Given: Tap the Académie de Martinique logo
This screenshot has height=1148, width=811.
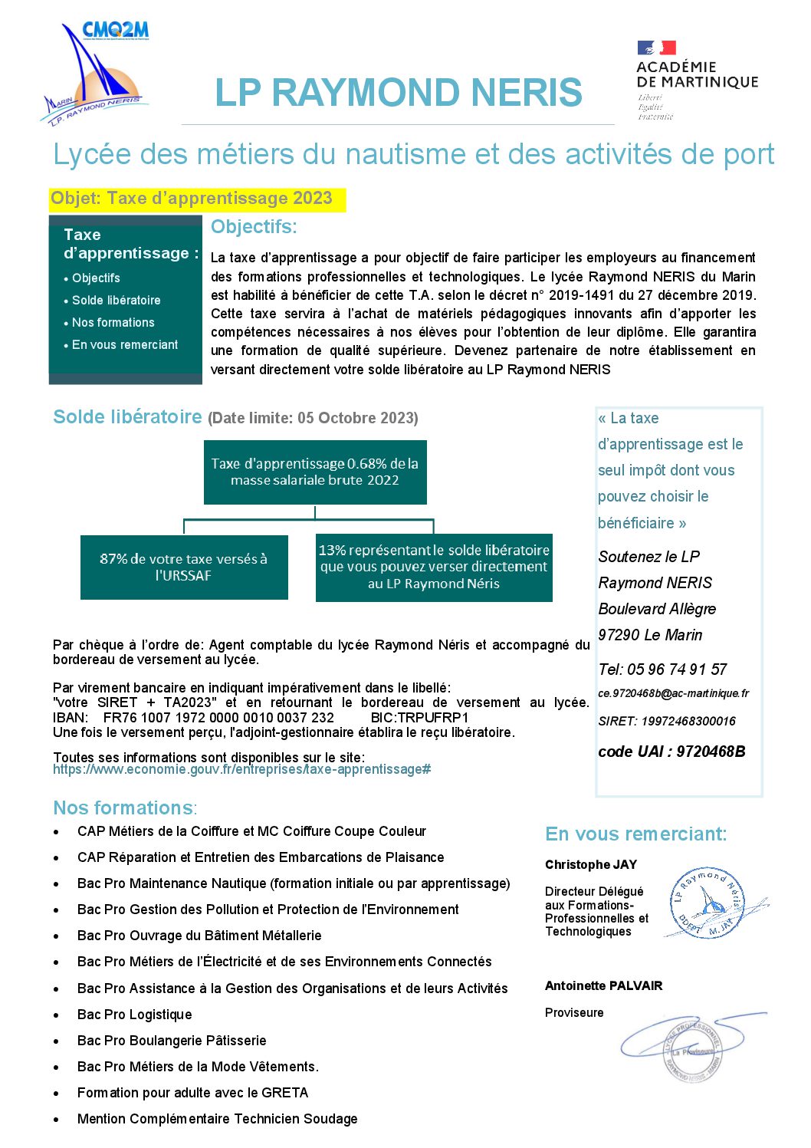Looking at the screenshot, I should [x=696, y=80].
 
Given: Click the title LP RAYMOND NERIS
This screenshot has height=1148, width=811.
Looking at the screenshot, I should [x=398, y=93].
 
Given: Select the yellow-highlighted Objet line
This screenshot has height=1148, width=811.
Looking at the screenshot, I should [x=192, y=199].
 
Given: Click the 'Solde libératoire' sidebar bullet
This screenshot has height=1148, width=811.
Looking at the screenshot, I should [x=116, y=301].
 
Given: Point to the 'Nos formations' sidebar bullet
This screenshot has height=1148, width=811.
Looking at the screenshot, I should [x=113, y=323].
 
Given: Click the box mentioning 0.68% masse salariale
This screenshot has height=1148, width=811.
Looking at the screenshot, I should [x=315, y=472].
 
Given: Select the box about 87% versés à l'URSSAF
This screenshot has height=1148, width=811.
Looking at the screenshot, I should [x=184, y=567].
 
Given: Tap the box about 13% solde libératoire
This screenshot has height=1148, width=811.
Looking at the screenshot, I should [x=434, y=567].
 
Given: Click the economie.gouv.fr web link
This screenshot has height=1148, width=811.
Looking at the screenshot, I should [x=241, y=769].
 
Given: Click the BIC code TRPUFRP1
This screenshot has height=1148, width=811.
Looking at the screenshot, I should [x=432, y=718].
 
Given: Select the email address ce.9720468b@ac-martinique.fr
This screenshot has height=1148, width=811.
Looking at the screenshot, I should [x=673, y=693].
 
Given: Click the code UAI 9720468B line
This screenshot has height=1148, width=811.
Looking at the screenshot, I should [x=671, y=752].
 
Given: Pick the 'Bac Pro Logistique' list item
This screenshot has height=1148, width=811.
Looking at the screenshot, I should [x=134, y=1015].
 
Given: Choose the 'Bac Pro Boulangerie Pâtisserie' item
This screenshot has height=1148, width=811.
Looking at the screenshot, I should [x=172, y=1041].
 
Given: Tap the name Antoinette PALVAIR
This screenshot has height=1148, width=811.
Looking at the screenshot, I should [x=603, y=986].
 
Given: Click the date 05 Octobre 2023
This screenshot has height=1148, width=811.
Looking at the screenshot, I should [x=356, y=419].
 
